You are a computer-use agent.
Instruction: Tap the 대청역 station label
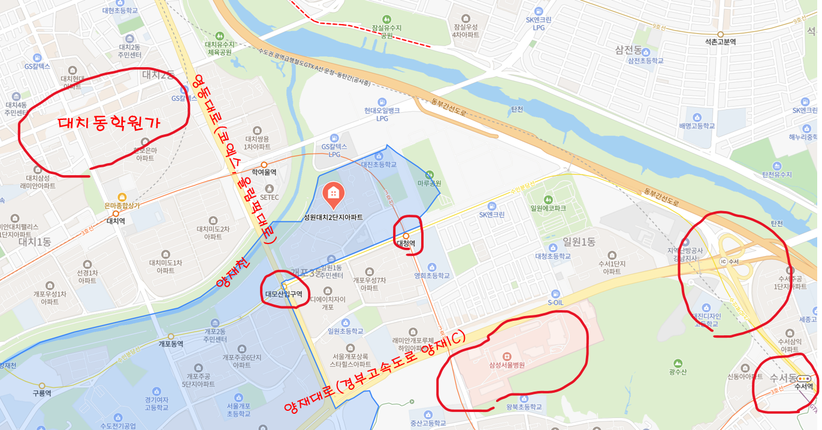(x=406, y=243)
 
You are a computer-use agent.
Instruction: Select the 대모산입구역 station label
(x=283, y=294)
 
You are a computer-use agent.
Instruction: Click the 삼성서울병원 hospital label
(x=502, y=365)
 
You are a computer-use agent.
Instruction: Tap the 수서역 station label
(x=803, y=387)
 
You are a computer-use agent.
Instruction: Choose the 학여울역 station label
(x=264, y=172)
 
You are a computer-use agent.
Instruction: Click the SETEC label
(x=269, y=197)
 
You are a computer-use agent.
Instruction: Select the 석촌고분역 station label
(x=720, y=42)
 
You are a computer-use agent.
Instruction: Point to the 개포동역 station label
(x=170, y=344)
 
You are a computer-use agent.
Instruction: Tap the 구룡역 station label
(x=42, y=393)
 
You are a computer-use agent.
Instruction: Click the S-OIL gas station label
(x=555, y=303)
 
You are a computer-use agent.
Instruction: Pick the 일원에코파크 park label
(x=548, y=208)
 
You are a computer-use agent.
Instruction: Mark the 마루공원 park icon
(x=429, y=173)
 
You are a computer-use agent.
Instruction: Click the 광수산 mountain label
(x=677, y=372)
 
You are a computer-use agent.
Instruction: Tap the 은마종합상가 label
(x=122, y=205)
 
